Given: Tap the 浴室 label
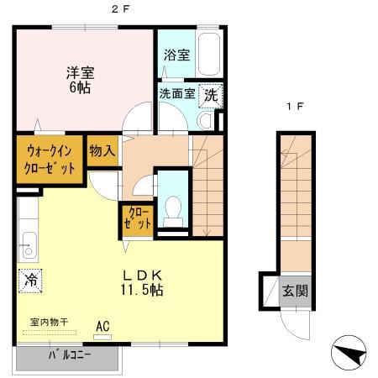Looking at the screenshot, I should [176, 55].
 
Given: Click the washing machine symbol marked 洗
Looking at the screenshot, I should [212, 95].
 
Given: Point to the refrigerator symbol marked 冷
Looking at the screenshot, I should [31, 278].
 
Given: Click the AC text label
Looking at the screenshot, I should [103, 325].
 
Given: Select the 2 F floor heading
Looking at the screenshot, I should [122, 9].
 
